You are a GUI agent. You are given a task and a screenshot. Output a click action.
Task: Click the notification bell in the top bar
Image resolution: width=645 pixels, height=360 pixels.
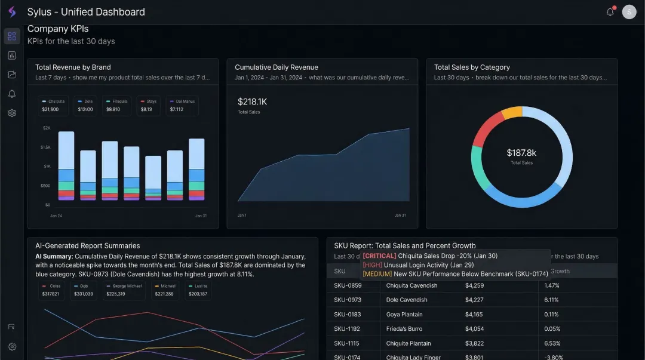pyautogui.click(x=610, y=12)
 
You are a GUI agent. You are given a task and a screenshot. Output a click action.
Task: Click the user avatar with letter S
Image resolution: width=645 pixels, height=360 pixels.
pyautogui.click(x=629, y=12)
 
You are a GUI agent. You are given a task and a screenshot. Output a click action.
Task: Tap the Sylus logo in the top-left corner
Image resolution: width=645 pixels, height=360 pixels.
pyautogui.click(x=12, y=12)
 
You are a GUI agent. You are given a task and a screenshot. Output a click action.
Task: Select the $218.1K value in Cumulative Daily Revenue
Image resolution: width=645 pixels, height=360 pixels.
pyautogui.click(x=252, y=102)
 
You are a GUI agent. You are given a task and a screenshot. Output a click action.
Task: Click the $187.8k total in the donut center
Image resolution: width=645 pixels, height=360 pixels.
pyautogui.click(x=521, y=153)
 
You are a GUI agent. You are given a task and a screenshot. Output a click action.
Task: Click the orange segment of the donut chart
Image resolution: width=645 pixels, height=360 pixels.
pyautogui.click(x=512, y=112)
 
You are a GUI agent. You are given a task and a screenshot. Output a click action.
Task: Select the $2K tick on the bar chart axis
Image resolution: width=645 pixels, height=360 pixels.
pyautogui.click(x=47, y=128)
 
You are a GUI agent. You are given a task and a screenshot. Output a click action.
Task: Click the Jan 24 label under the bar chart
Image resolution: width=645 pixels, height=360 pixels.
pyautogui.click(x=56, y=216)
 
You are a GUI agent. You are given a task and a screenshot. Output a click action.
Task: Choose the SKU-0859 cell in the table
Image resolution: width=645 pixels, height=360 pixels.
pyautogui.click(x=347, y=285)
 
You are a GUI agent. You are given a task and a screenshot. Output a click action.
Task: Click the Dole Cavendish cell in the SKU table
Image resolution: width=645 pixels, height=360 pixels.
pyautogui.click(x=407, y=300)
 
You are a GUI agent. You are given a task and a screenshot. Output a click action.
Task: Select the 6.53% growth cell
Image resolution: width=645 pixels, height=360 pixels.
pyautogui.click(x=552, y=343)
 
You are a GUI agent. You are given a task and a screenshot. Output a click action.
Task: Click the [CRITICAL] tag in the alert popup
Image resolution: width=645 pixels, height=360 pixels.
pyautogui.click(x=379, y=256)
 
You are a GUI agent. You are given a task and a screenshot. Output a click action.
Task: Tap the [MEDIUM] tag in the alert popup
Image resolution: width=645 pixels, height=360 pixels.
pyautogui.click(x=377, y=274)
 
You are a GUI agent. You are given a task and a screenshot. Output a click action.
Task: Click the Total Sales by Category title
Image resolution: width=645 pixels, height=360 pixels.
pyautogui.click(x=472, y=67)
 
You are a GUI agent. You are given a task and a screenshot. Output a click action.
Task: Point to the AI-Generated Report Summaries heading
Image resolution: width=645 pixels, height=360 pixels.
pyautogui.click(x=87, y=245)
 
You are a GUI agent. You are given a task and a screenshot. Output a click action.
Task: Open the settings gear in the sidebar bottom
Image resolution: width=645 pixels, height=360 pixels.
pyautogui.click(x=12, y=347)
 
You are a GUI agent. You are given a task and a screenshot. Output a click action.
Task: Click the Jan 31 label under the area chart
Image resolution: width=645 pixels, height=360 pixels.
pyautogui.click(x=400, y=216)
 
